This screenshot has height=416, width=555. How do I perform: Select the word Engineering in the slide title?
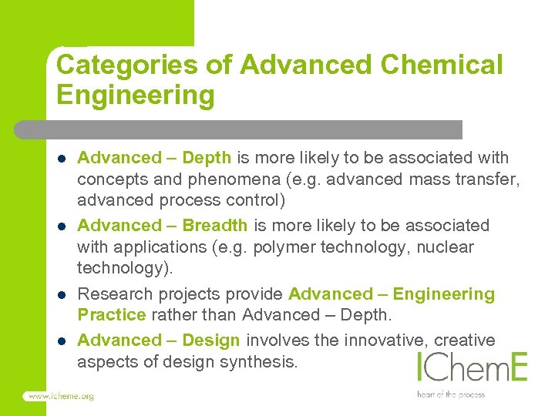coord(135,96)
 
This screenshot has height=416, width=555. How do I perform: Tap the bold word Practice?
coord(111,315)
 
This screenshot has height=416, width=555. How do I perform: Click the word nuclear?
coord(448,247)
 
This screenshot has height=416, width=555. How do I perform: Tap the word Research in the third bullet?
coord(112,294)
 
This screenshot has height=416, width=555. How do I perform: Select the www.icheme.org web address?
coord(59,396)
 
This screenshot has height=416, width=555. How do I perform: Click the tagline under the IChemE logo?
coord(451,394)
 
